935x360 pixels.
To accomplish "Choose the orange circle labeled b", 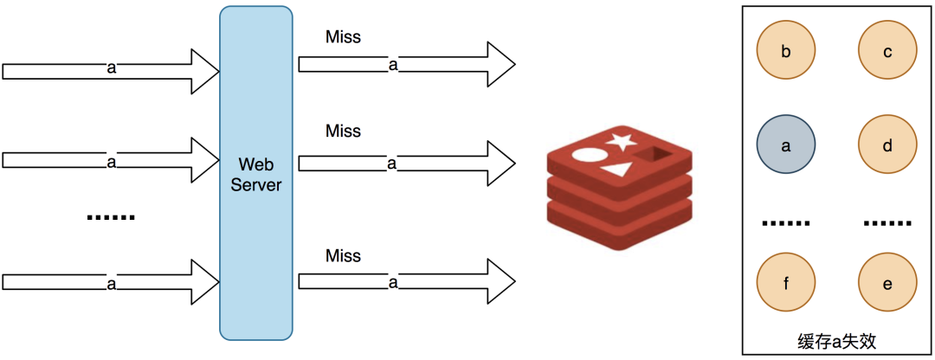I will (x=786, y=51).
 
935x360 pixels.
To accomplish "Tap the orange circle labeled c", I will (x=887, y=51).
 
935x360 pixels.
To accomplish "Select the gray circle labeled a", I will (x=786, y=145).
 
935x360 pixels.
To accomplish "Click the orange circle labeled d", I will (x=887, y=145).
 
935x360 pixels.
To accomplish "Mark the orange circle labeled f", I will (x=786, y=283).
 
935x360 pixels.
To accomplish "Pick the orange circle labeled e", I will (x=887, y=283).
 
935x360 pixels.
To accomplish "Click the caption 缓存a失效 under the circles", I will (x=836, y=341).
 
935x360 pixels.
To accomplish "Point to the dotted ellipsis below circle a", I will (x=786, y=224).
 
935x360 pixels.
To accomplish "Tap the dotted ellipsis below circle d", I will (x=887, y=224).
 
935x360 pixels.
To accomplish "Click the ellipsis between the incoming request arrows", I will (x=111, y=217).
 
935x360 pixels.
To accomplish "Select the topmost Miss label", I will (x=343, y=37).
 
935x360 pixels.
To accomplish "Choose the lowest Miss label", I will (x=343, y=255).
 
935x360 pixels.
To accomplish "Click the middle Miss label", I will (x=343, y=132).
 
